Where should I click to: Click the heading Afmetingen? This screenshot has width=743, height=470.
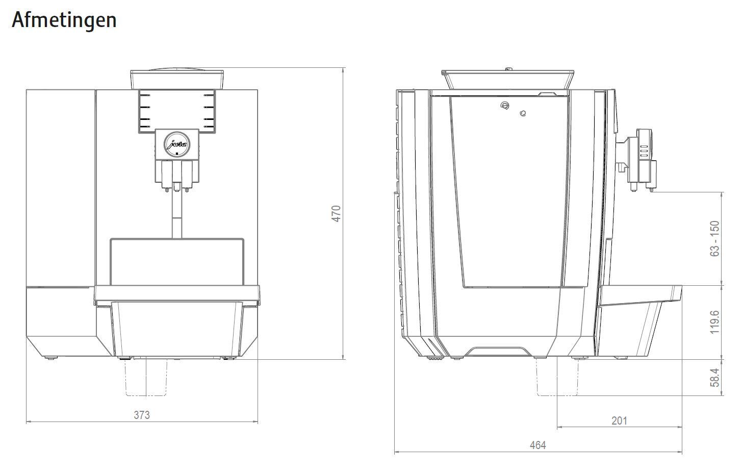(64, 20)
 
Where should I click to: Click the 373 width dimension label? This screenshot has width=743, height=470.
(142, 415)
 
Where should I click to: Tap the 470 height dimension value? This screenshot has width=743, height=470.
(336, 214)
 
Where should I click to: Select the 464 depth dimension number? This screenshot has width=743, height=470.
(537, 445)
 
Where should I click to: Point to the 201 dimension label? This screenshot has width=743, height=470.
(619, 421)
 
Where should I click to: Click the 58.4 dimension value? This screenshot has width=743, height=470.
(715, 378)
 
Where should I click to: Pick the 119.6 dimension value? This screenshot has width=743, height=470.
(715, 323)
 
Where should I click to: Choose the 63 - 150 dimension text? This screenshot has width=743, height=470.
(715, 239)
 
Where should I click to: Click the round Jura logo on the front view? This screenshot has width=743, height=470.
(177, 144)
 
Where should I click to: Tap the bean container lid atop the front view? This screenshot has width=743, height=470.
(177, 79)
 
